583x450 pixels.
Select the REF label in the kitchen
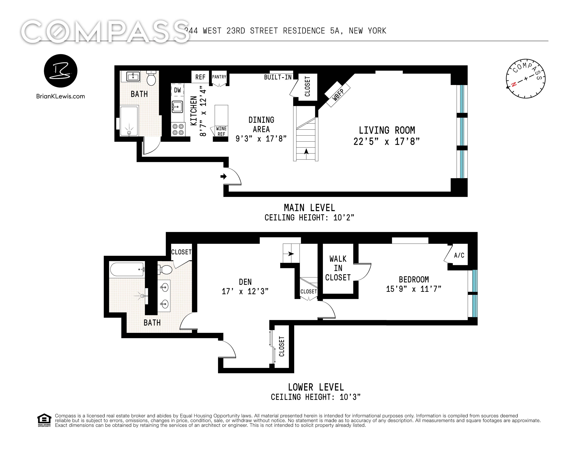pyautogui.click(x=200, y=77)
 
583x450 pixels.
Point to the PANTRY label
pyautogui.click(x=219, y=77)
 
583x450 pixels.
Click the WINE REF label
pyautogui.click(x=221, y=131)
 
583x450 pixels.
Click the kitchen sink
pyautogui.click(x=177, y=107)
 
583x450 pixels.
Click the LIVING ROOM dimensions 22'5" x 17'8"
pyautogui.click(x=387, y=141)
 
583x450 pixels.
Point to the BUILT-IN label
pyautogui.click(x=278, y=77)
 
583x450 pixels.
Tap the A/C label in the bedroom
pyautogui.click(x=459, y=255)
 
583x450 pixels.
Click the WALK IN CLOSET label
pyautogui.click(x=338, y=268)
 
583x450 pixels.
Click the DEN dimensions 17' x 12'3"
pyautogui.click(x=245, y=291)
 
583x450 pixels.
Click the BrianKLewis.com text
pyautogui.click(x=61, y=96)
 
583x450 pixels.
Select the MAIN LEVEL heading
pyautogui.click(x=309, y=208)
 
